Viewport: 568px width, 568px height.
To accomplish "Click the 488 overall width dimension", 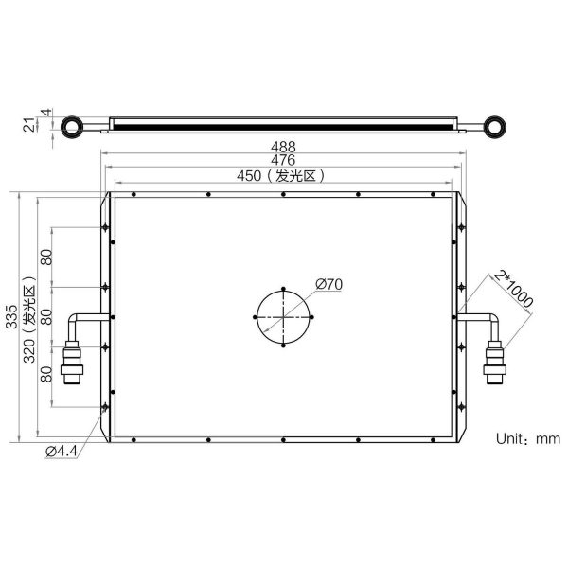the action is click(283, 147).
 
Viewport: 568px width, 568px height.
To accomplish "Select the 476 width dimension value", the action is click(283, 160).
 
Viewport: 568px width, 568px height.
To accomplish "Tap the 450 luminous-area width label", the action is click(281, 176).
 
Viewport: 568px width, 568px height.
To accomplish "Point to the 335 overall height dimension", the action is click(11, 317).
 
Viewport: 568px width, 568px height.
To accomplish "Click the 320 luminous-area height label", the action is click(29, 320).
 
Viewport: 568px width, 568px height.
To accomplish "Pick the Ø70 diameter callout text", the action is click(328, 284).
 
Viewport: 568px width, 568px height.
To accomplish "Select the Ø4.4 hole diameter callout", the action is click(62, 452).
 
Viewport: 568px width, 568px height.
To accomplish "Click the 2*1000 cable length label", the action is click(514, 290).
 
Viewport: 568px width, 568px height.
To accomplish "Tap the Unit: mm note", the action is click(528, 438).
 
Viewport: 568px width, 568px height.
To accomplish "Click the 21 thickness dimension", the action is click(29, 125).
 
